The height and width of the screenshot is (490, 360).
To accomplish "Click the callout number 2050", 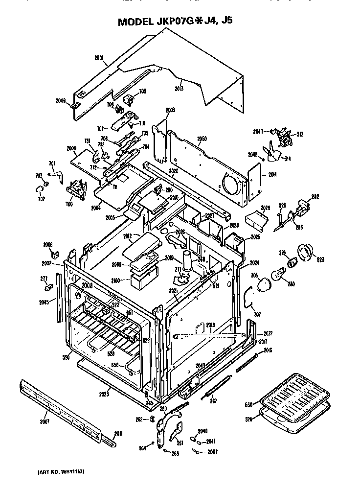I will tap(202, 139).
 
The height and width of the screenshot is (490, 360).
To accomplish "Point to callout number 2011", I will tap(118, 433).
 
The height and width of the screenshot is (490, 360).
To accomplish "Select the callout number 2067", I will tap(212, 451).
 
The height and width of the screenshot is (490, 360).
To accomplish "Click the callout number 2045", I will tap(44, 302).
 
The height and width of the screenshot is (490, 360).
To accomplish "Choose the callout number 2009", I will tap(71, 147).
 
